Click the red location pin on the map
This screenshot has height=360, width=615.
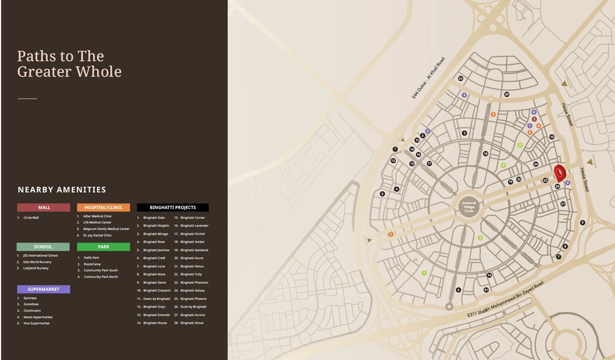coord(560,172)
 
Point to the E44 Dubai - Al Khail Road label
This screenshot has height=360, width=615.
coord(428,78)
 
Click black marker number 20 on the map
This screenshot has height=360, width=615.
coord(506,94)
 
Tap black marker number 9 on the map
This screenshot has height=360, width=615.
coord(582,223)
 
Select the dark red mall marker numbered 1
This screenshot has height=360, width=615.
coord(534,119)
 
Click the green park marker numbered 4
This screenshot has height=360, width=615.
coord(503,166)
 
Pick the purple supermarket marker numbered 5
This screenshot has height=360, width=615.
coord(427,131)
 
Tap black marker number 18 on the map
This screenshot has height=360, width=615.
coord(485,154)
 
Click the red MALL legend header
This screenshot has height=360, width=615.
coord(44,208)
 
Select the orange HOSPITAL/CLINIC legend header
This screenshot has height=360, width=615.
coord(104,208)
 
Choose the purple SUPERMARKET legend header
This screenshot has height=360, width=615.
coord(44,289)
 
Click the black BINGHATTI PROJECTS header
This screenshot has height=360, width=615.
coord(173,208)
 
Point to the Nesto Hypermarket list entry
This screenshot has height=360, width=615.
coord(38,317)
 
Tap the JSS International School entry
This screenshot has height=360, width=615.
coord(40,255)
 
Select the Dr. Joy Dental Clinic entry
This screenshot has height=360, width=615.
coord(97,235)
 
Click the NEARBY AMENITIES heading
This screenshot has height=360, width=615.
coord(62,190)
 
